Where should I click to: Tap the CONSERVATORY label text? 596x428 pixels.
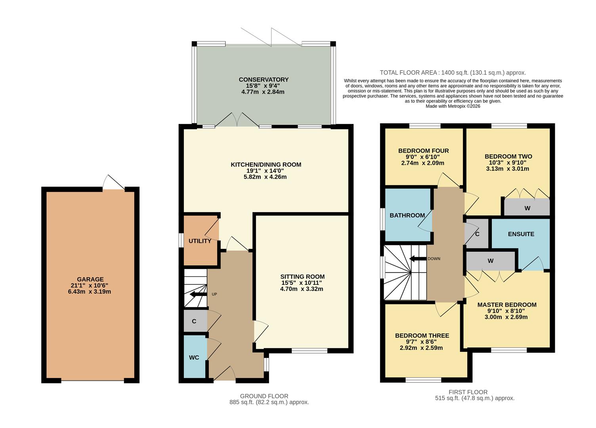click(x=264, y=80)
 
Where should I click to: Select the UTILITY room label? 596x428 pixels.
click(x=200, y=241)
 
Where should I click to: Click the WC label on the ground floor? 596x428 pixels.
click(x=194, y=357)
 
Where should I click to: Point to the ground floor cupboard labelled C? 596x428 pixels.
click(x=194, y=321)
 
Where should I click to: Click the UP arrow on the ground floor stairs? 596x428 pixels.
click(x=198, y=294)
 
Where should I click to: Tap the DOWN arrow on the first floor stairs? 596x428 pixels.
click(x=417, y=259)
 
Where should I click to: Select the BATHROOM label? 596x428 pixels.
click(x=407, y=215)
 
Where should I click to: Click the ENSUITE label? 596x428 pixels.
click(x=521, y=234)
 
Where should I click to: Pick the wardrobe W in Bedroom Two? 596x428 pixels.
click(x=527, y=208)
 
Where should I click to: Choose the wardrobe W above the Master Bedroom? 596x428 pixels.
click(x=491, y=261)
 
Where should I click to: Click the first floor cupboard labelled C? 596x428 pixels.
click(x=477, y=234)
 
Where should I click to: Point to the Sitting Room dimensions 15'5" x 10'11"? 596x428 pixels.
click(x=302, y=283)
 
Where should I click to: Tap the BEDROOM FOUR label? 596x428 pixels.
click(x=423, y=151)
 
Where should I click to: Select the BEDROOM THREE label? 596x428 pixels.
click(x=422, y=336)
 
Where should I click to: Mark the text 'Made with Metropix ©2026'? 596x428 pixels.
click(x=453, y=106)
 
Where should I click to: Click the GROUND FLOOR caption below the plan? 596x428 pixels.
click(x=264, y=396)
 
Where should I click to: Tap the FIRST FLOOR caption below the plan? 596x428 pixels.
click(x=468, y=392)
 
